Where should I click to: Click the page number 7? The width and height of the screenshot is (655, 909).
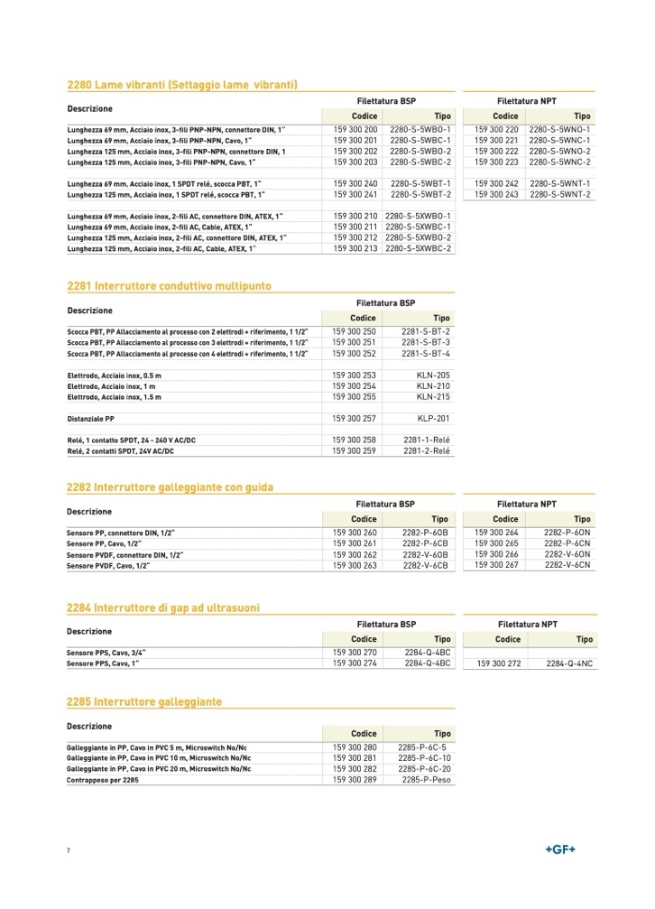click(69, 851)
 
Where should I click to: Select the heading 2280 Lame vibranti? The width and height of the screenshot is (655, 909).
click(183, 85)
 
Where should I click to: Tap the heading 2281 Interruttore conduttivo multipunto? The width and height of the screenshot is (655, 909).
click(170, 286)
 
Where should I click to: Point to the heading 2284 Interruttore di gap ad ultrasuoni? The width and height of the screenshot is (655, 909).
click(164, 608)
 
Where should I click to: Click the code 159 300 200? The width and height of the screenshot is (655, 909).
click(355, 130)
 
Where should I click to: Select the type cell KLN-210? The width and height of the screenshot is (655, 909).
click(433, 386)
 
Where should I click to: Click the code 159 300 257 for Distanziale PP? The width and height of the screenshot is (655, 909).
click(355, 419)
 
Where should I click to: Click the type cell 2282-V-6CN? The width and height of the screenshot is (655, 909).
click(567, 565)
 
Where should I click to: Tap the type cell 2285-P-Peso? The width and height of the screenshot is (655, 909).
click(427, 779)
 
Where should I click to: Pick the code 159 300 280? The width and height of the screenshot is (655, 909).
click(355, 747)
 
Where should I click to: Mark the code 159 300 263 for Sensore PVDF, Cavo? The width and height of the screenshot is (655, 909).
click(355, 565)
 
